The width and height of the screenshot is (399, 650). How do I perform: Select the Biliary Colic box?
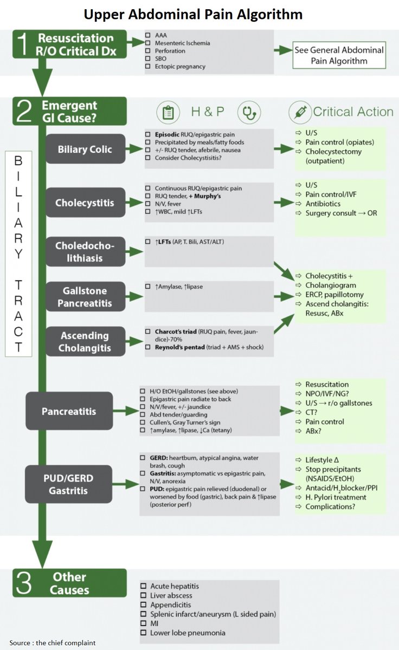(x=86, y=149)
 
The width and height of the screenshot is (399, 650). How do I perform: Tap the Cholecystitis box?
(x=86, y=203)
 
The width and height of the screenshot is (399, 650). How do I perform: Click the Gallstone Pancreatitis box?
(x=86, y=297)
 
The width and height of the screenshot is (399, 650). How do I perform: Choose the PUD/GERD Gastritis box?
(x=69, y=483)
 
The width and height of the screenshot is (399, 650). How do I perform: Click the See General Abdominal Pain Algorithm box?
(x=339, y=55)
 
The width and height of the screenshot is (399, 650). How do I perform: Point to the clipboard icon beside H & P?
(x=168, y=112)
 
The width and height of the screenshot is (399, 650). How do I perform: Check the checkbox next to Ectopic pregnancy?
(x=148, y=67)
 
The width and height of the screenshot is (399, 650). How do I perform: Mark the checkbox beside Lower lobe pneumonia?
(x=143, y=633)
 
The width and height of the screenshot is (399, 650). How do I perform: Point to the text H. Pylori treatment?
(x=336, y=497)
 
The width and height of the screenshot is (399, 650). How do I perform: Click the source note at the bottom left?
(x=52, y=643)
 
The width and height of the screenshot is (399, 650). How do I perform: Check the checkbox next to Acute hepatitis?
(x=143, y=586)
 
